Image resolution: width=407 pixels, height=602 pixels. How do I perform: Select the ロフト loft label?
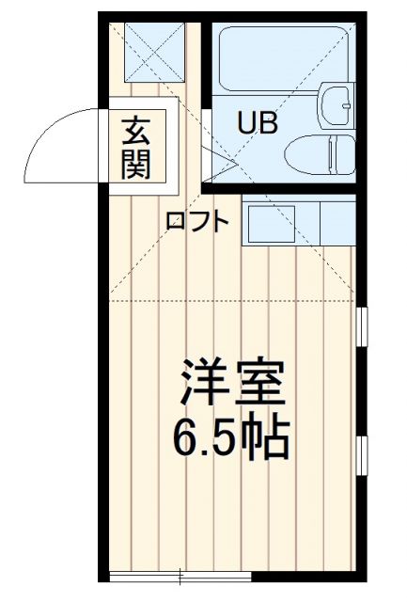pyautogui.click(x=197, y=222)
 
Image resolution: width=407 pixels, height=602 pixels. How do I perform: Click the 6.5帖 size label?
pyautogui.click(x=230, y=435)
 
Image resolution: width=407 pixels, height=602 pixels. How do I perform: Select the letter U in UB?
pyautogui.click(x=245, y=123)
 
